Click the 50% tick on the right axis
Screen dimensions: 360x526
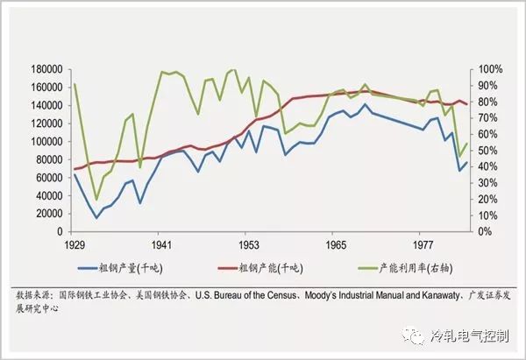pos(484,151)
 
